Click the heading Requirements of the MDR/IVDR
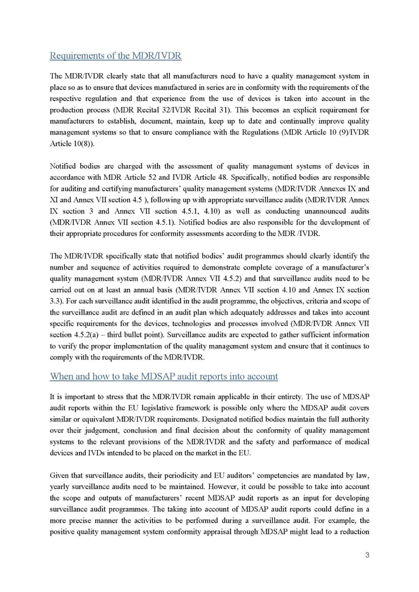(115, 56)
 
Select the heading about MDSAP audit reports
(164, 377)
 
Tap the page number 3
(367, 555)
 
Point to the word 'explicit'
(296, 110)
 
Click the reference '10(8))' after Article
(84, 144)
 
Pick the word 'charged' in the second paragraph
(130, 166)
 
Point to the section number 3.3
(56, 301)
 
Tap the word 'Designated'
(219, 419)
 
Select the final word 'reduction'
(355, 532)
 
